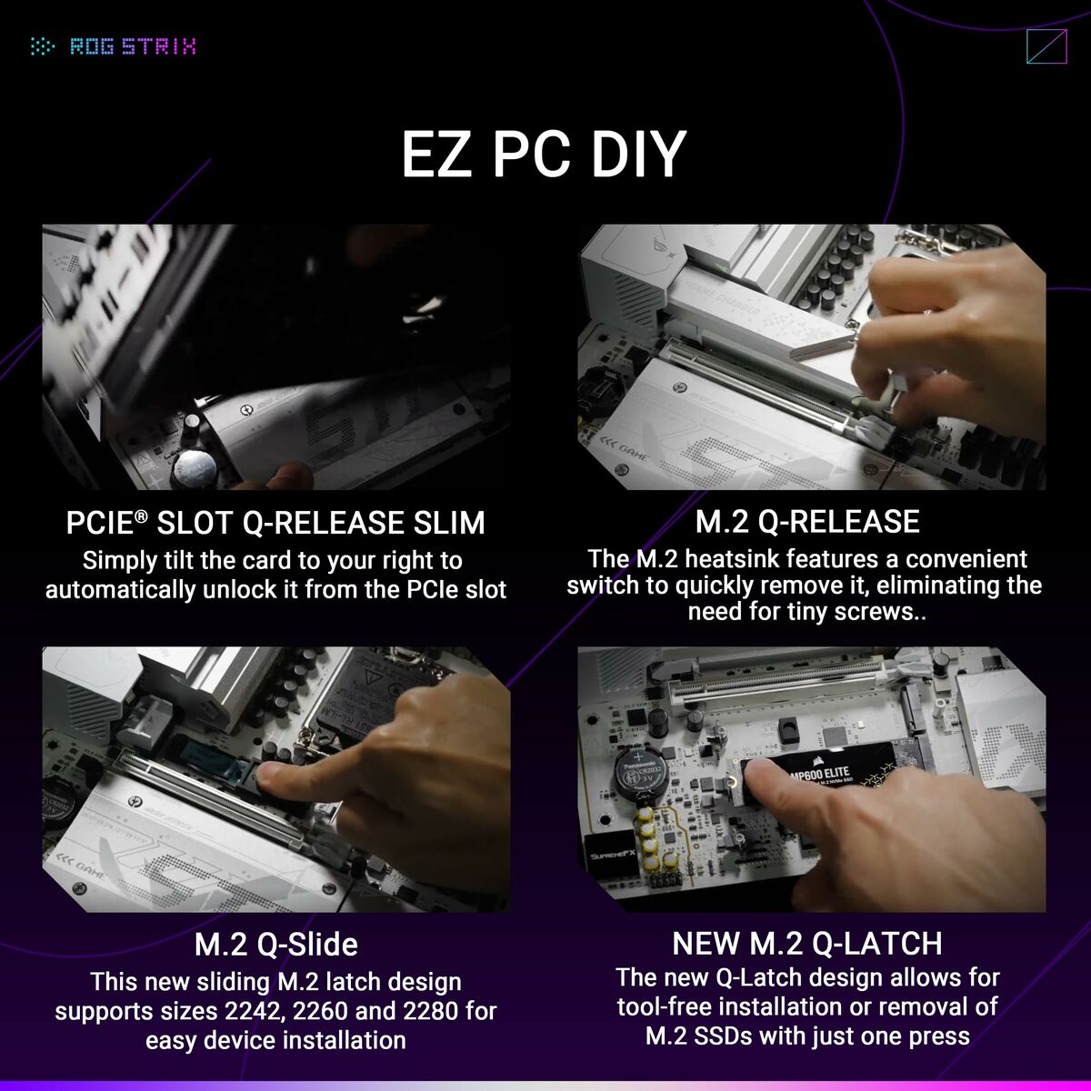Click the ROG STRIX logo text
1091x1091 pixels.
[133, 46]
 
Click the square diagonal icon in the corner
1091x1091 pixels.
[1046, 46]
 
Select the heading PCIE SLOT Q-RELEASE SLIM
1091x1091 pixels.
[275, 523]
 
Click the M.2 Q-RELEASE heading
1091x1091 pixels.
[807, 521]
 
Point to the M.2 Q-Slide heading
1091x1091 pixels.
[275, 944]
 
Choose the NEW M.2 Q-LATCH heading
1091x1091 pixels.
[807, 943]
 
